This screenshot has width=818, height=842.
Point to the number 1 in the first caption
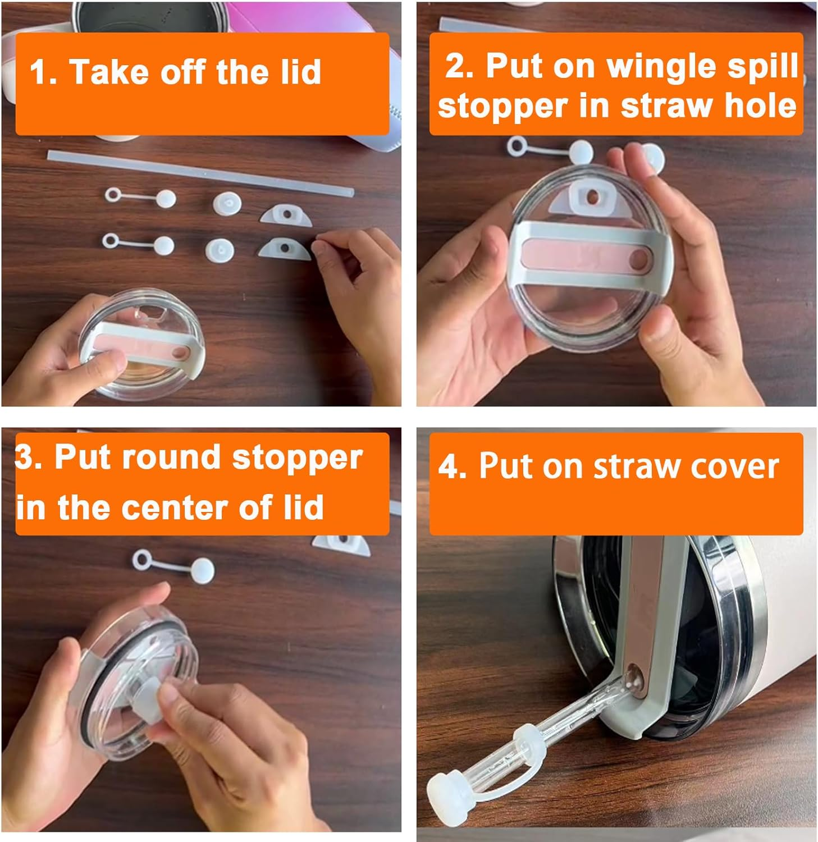point(39,73)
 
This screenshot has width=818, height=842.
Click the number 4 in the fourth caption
point(451,466)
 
